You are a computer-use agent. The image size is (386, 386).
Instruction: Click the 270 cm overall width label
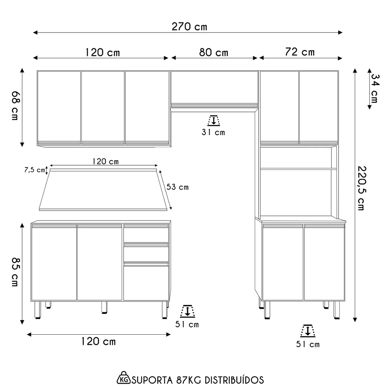pyautogui.click(x=189, y=27)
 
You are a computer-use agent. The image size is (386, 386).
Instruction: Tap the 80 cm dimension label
pyautogui.click(x=214, y=52)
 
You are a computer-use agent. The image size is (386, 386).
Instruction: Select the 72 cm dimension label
pyautogui.click(x=300, y=52)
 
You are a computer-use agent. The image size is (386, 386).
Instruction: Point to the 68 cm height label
pyautogui.click(x=15, y=106)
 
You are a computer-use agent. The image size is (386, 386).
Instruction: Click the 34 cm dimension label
pyautogui.click(x=374, y=88)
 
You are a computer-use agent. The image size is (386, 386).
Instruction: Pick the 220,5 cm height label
pyautogui.click(x=361, y=188)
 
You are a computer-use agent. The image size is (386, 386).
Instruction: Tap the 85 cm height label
pyautogui.click(x=15, y=272)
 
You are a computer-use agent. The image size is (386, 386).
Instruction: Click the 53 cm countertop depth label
pyautogui.click(x=178, y=187)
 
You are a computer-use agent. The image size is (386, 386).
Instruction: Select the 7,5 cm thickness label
pyautogui.click(x=34, y=170)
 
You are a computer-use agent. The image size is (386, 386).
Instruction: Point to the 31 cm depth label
pyautogui.click(x=213, y=132)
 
